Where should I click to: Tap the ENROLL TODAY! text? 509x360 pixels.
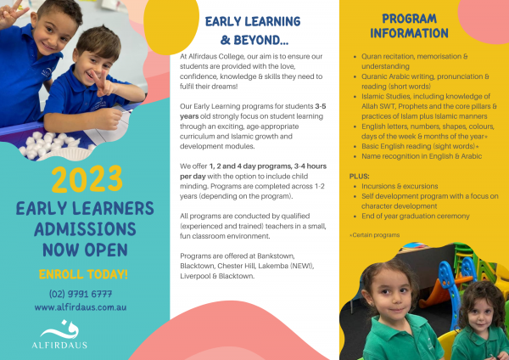(83, 273)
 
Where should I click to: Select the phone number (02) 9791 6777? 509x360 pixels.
(83, 294)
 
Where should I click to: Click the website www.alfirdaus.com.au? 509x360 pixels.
(83, 307)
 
